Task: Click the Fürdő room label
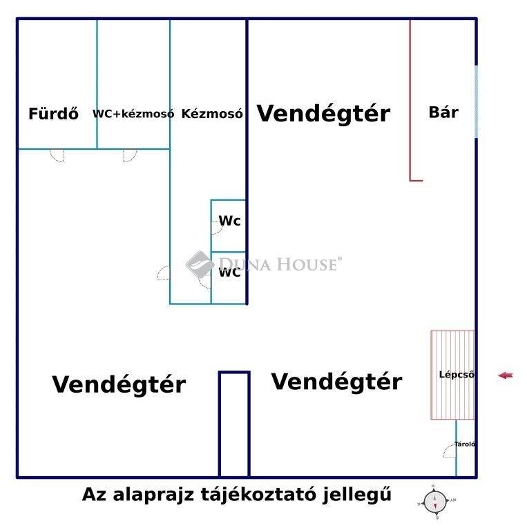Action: point(53,114)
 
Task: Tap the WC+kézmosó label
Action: point(133,114)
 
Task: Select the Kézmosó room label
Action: point(211,114)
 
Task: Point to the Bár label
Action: point(443,112)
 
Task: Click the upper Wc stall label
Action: point(229,221)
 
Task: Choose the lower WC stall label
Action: point(229,273)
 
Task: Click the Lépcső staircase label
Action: point(457,375)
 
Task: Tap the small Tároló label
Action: point(465,444)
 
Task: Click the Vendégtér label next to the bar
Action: point(323,113)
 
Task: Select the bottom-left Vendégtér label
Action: point(119,384)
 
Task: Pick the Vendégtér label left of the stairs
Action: point(336,381)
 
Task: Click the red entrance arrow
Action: point(506,375)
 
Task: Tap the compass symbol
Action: point(435,501)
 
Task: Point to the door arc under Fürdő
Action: point(57,155)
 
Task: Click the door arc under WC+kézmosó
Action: point(130,155)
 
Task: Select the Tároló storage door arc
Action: point(450,451)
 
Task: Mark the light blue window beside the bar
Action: point(476,100)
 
